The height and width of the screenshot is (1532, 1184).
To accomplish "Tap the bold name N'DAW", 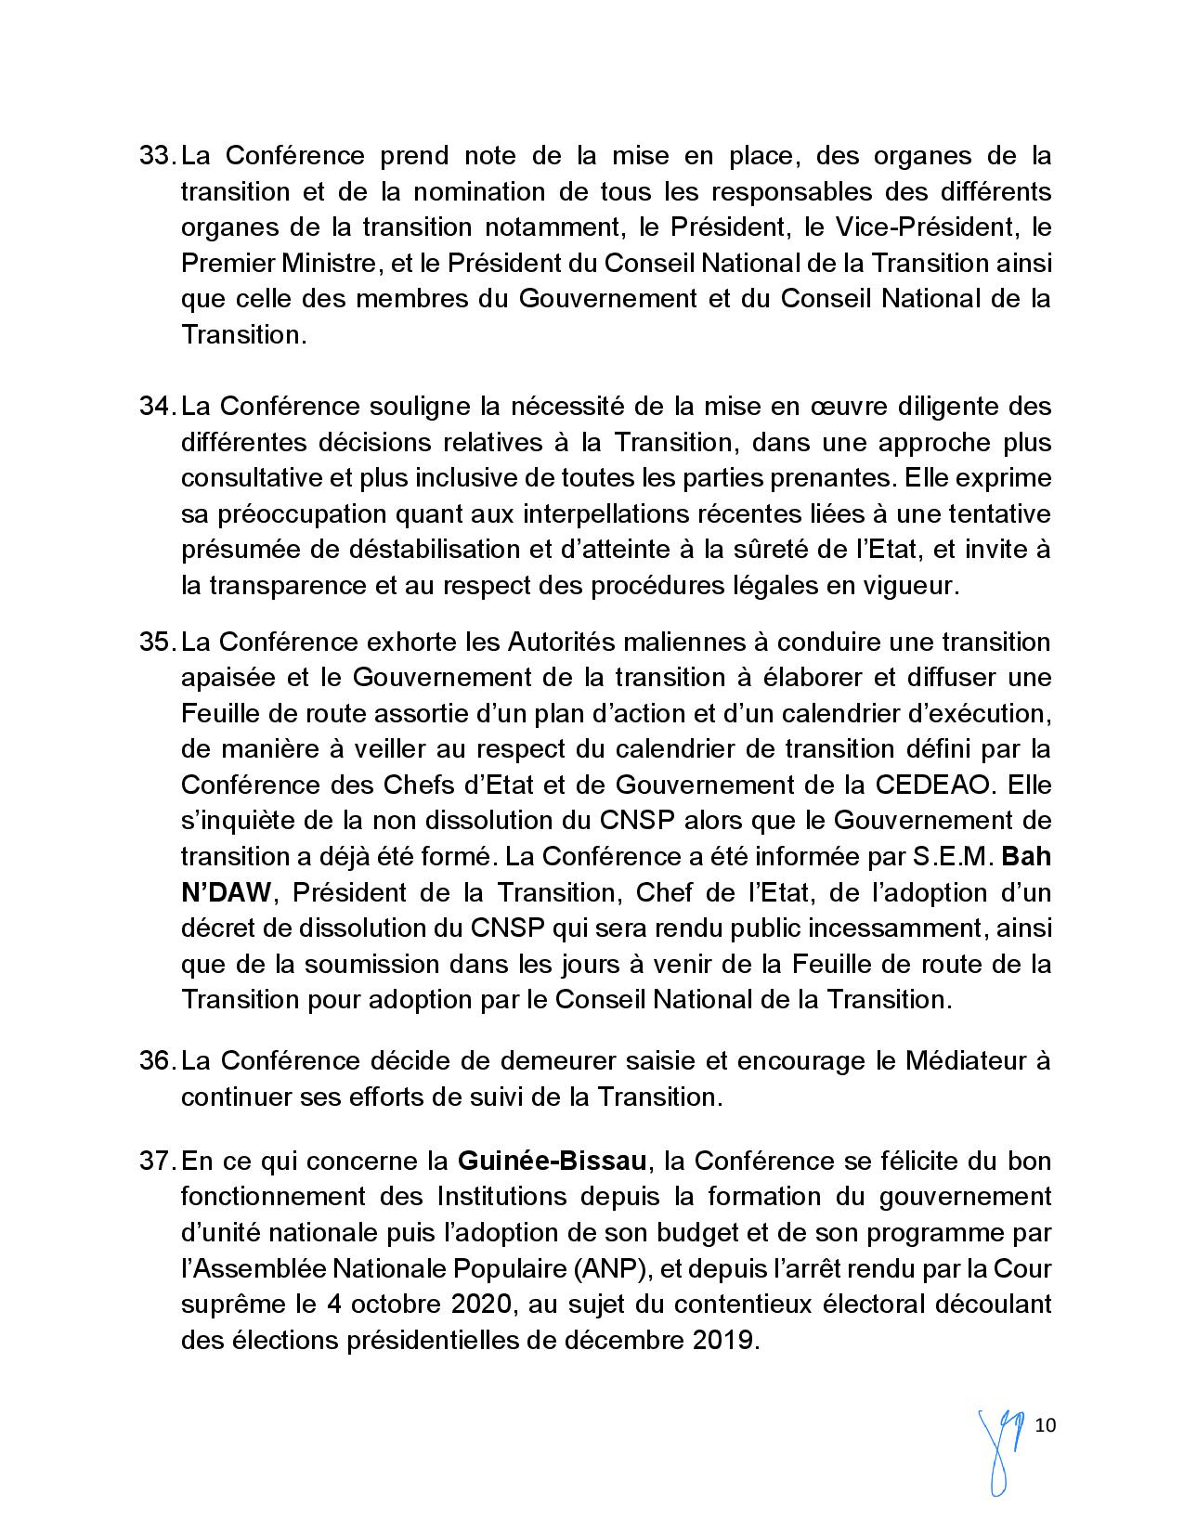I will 225,893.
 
